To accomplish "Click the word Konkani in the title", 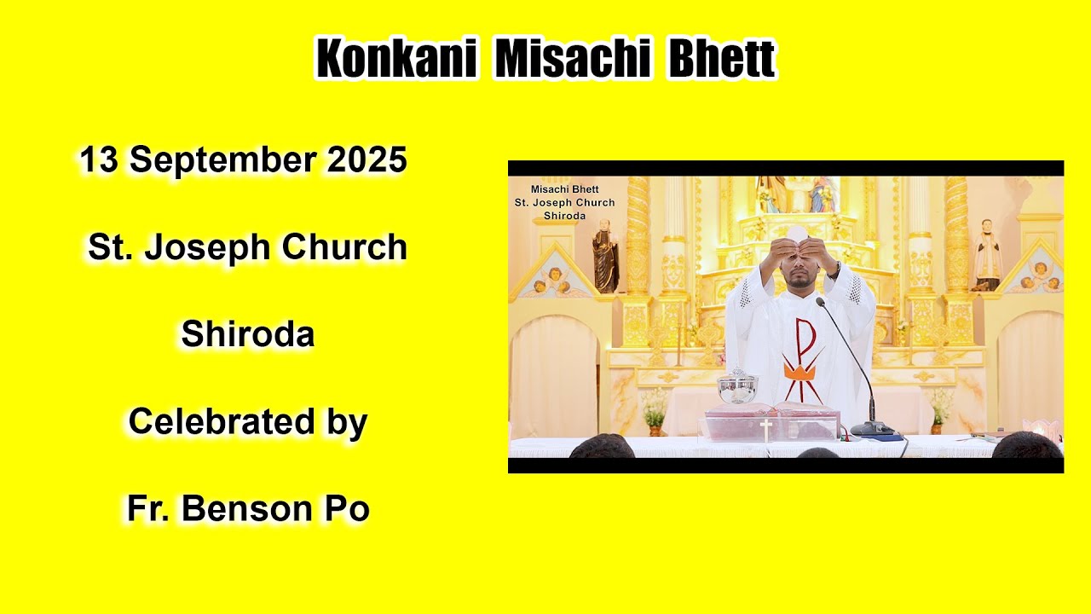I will [395, 60].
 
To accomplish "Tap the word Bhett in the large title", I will [721, 60].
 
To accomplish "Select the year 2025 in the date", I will [366, 160].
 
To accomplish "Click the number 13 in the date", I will [98, 160].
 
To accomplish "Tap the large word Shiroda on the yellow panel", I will [247, 334].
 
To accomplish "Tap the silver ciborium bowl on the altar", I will [737, 388].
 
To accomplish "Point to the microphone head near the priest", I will [820, 302].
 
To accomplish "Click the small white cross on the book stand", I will [765, 429].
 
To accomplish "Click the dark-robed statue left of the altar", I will [605, 256].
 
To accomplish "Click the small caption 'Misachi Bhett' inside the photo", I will [564, 189].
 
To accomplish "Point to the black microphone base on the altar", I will [871, 429].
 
